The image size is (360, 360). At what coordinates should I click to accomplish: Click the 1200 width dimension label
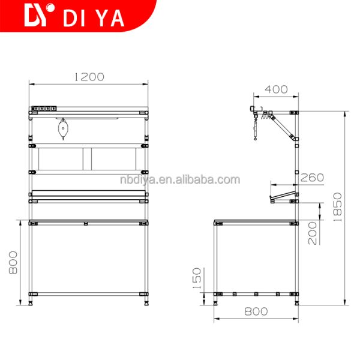click(89, 77)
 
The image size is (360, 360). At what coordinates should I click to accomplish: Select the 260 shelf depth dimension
click(312, 177)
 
